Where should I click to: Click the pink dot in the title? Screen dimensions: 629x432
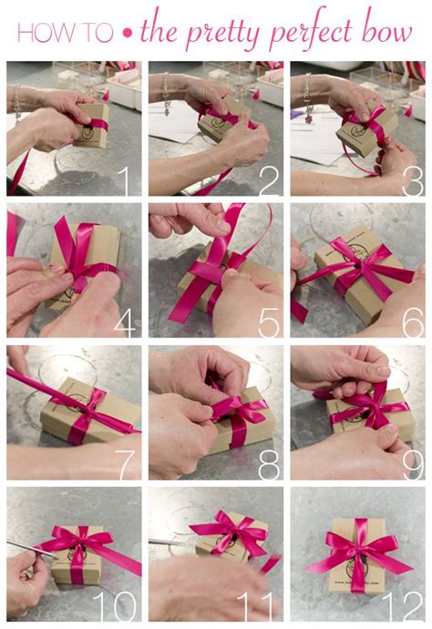(127, 35)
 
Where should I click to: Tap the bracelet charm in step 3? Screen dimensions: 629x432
(309, 118)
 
